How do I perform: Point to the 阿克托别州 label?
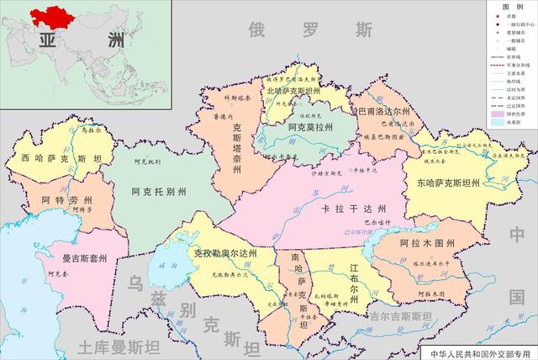tap(159, 193)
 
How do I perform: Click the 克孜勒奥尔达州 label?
tap(224, 253)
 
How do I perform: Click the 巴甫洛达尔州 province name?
tap(384, 110)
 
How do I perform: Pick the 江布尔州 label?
tap(355, 278)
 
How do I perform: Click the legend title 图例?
tap(510, 7)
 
